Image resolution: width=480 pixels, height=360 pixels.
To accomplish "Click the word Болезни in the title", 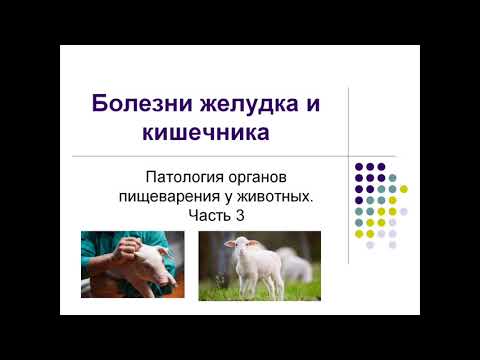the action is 142,103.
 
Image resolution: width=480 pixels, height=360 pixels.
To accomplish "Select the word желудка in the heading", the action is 249,104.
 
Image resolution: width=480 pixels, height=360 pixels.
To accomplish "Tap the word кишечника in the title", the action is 206,132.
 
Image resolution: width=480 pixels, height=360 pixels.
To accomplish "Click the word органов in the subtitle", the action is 257,178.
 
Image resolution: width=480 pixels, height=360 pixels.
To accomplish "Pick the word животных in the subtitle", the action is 275,197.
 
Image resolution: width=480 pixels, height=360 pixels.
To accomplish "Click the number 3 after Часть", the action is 240,215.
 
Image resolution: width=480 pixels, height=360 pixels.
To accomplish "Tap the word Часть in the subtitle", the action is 210,215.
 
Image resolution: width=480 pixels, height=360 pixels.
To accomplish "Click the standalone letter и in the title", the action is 313,104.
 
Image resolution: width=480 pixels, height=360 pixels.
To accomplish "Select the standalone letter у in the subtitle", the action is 228,198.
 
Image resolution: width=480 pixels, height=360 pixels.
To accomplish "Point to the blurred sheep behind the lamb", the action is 295,263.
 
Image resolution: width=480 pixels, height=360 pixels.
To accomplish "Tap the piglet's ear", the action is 162,251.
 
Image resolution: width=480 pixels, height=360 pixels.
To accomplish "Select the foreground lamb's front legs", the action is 249,283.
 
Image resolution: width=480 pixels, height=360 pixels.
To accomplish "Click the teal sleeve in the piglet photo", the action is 96,247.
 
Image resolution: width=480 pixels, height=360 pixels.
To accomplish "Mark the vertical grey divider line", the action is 348,176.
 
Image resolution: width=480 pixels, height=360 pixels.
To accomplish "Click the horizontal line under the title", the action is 235,156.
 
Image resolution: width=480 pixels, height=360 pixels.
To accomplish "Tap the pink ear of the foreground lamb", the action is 229,244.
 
